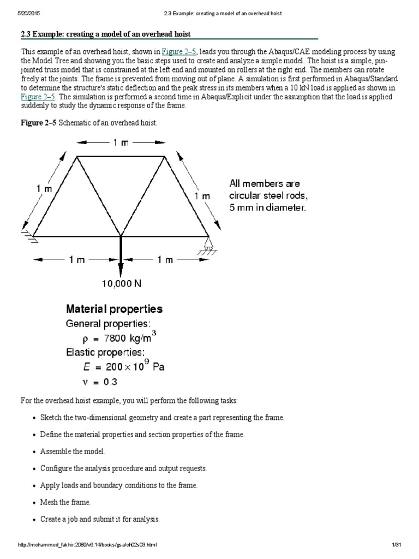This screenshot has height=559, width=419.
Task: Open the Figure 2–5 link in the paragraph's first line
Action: coord(181,51)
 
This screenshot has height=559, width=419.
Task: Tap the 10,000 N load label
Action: coord(121,283)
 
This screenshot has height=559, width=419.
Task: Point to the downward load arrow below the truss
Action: coord(121,257)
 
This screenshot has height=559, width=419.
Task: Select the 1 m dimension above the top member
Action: coord(121,142)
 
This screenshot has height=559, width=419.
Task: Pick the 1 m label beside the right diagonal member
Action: coord(202,195)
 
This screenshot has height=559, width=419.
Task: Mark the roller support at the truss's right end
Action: coord(208,241)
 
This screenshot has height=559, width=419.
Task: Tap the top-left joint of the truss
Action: coord(76,157)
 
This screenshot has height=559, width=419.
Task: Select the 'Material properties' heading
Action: coord(114,309)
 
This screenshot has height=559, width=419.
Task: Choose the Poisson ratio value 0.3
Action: coord(109,381)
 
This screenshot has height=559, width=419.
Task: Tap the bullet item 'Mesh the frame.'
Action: coord(65,502)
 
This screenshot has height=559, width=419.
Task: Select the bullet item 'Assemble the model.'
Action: coord(73,451)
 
